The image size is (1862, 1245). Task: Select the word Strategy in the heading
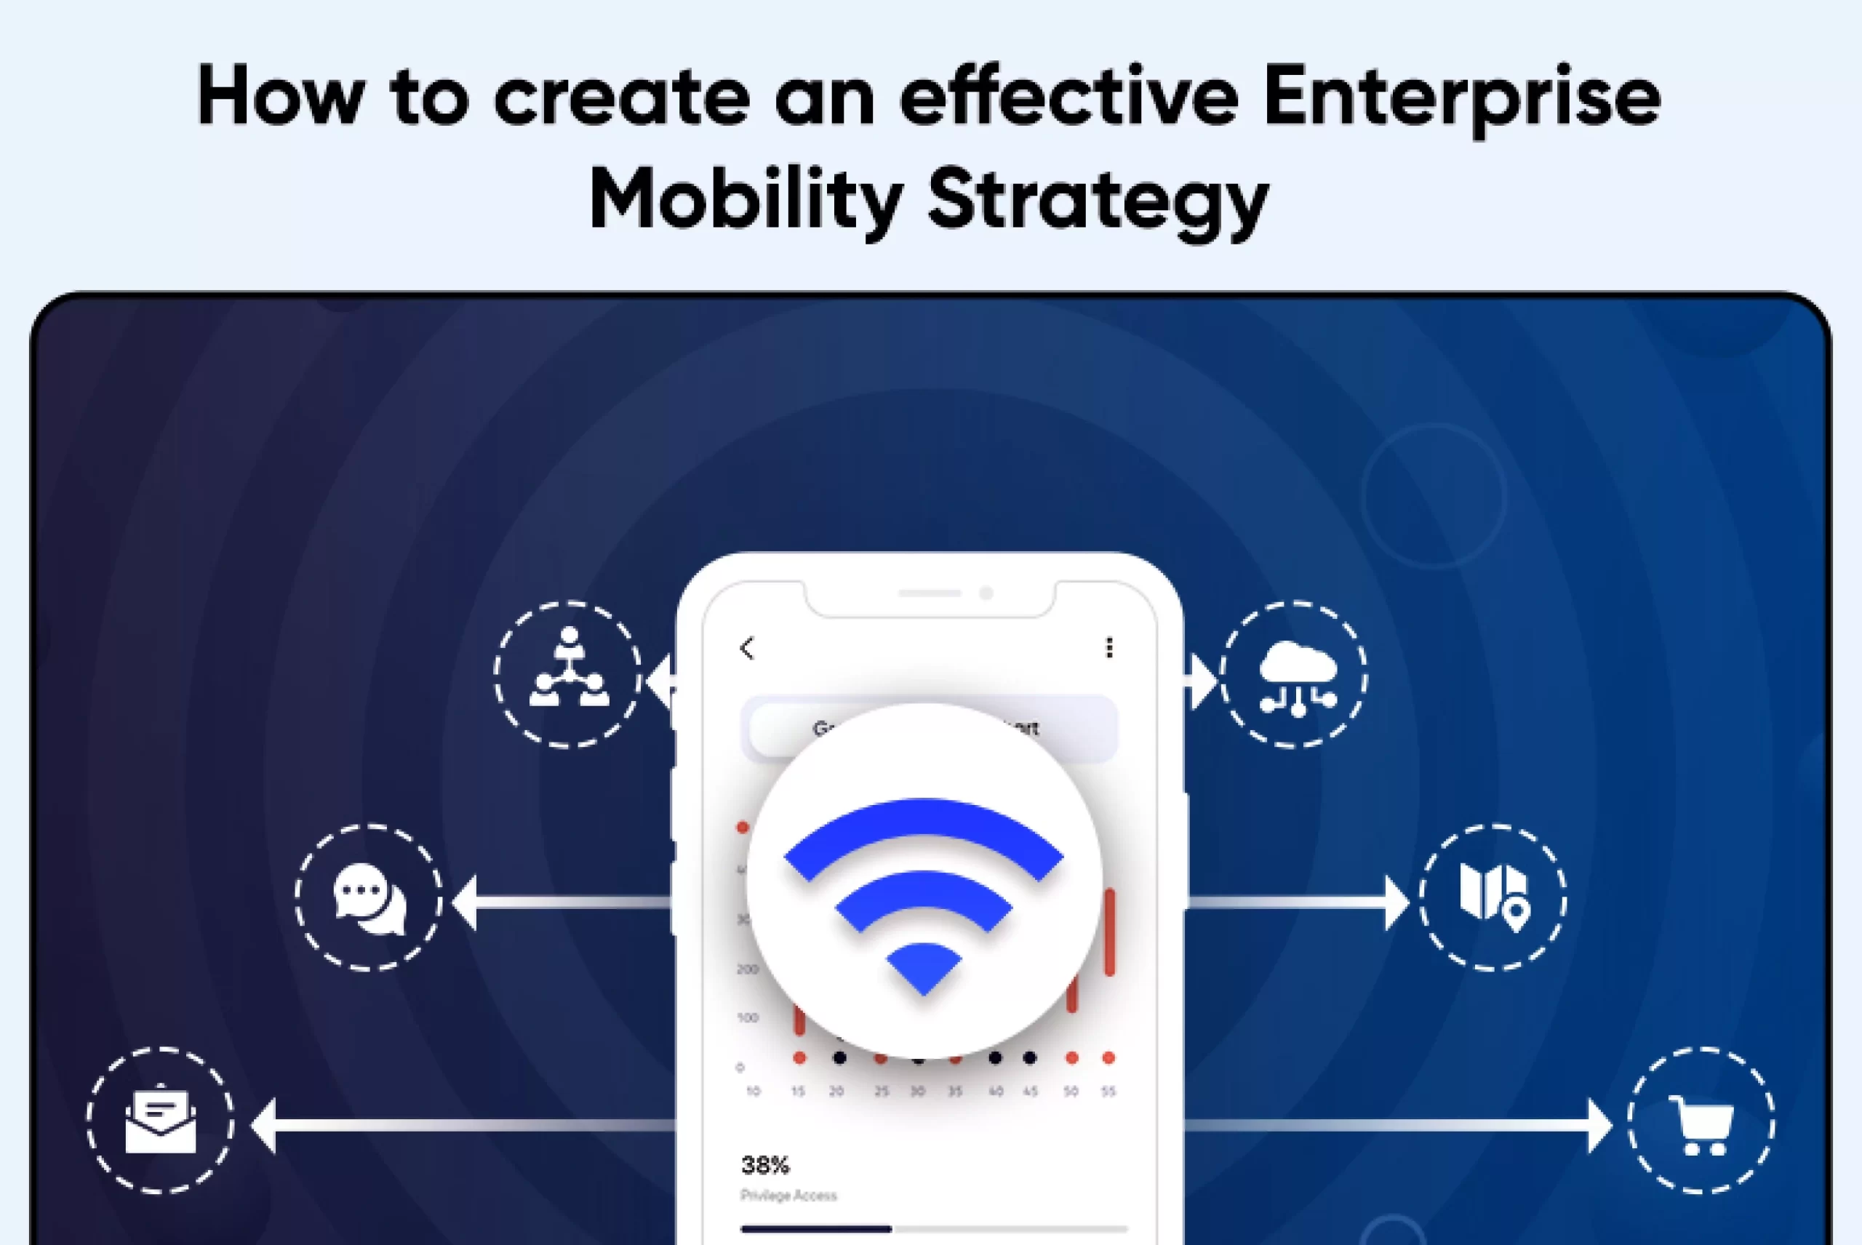pos(1098,200)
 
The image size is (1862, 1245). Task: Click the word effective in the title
pos(1068,97)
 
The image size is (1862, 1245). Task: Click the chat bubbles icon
pos(369,899)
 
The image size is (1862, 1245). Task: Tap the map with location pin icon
pos(1493,897)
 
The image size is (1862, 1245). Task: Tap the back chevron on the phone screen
pos(746,648)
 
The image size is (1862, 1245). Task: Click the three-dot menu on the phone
pos(1109,648)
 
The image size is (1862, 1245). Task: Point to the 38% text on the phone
pos(764,1165)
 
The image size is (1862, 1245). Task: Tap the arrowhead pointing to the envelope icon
pos(265,1125)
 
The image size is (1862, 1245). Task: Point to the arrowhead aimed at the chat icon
pos(465,902)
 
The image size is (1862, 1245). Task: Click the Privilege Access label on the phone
pos(788,1195)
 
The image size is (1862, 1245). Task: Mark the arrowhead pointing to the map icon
pos(1396,902)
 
